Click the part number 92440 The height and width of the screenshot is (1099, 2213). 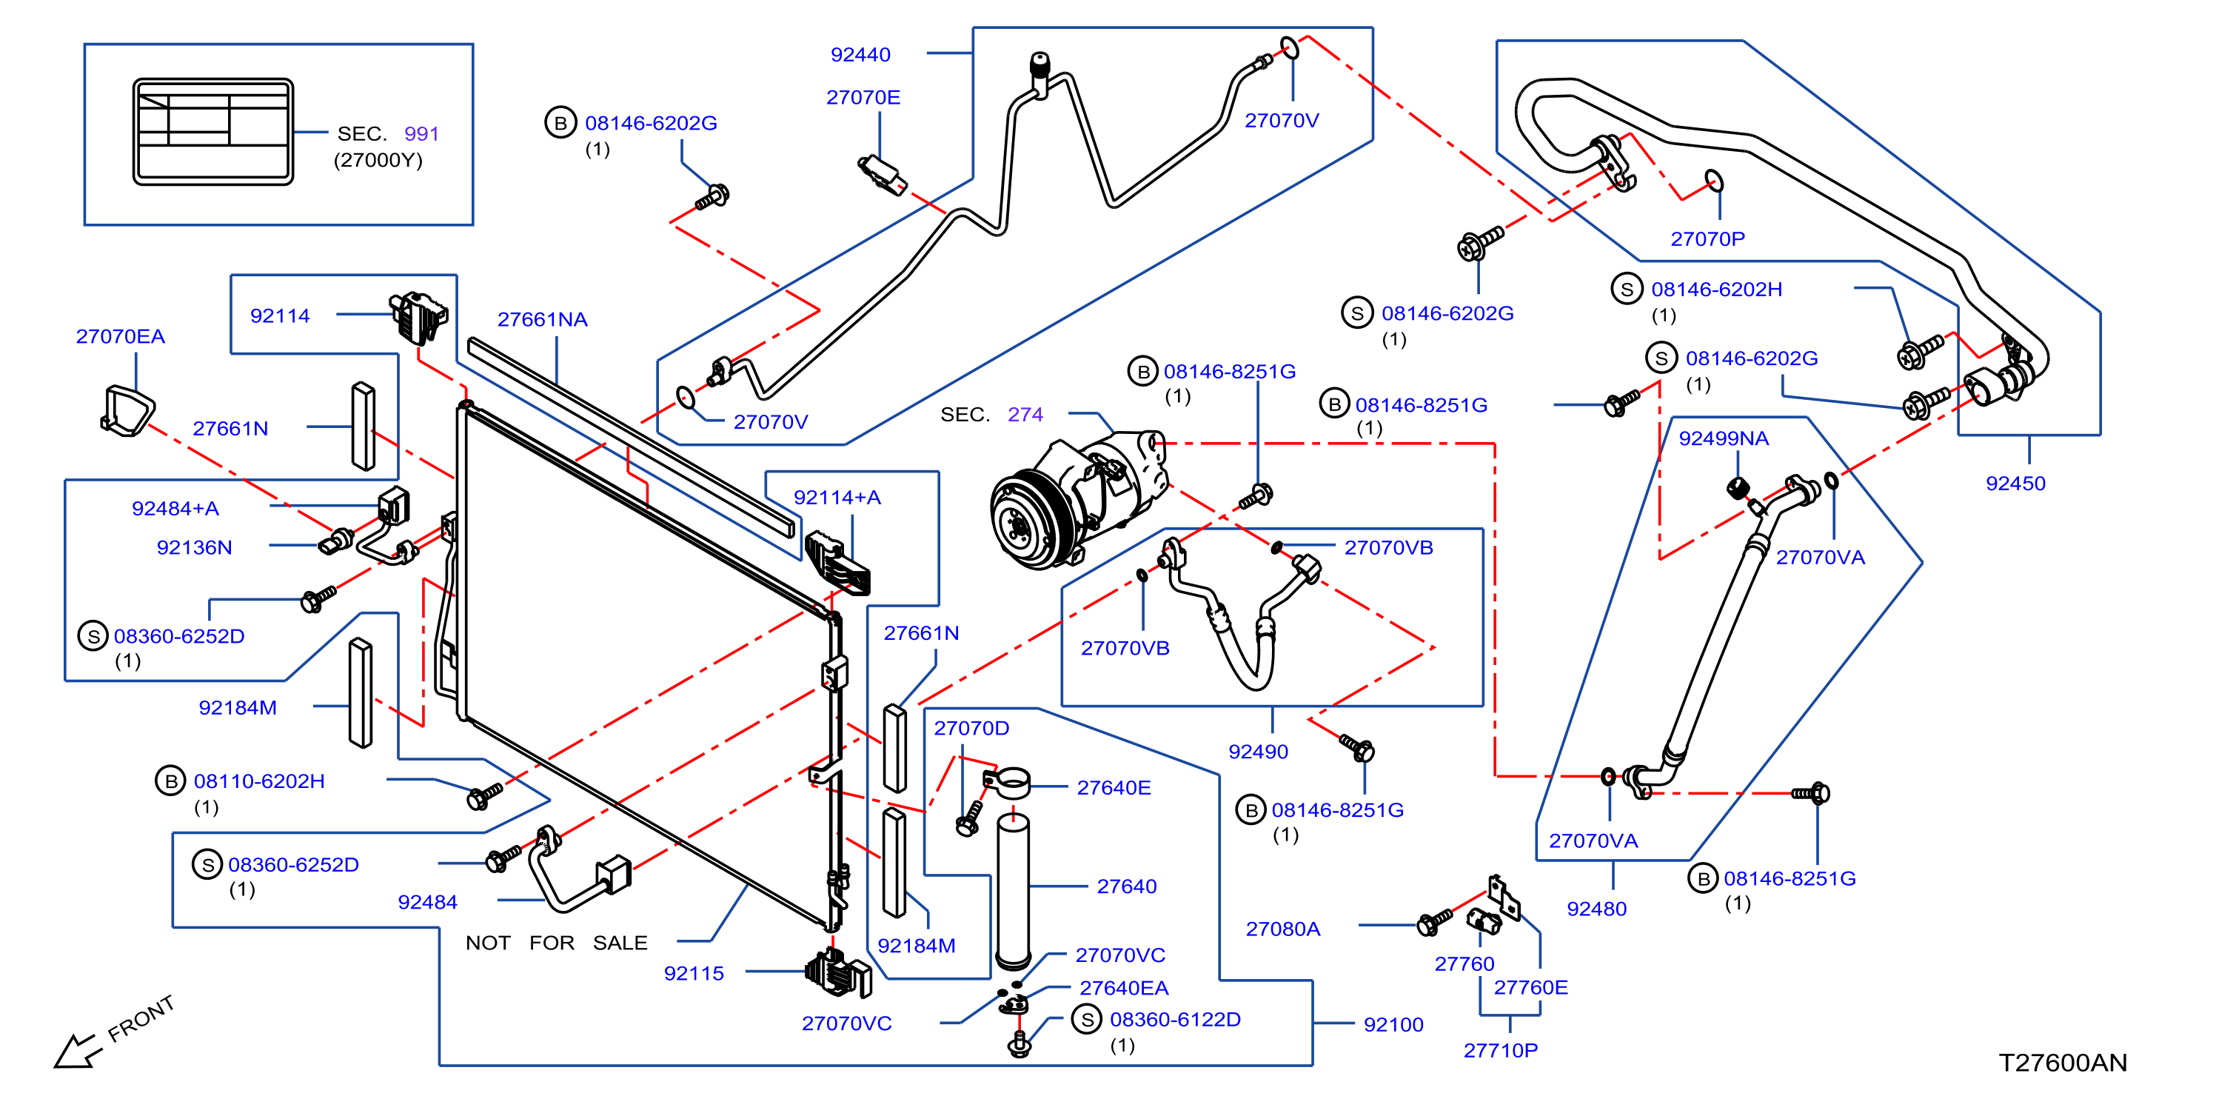[860, 54]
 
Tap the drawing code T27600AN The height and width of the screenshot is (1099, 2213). [2063, 1063]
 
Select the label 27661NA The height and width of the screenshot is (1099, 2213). [542, 320]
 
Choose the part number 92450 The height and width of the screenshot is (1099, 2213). [2015, 483]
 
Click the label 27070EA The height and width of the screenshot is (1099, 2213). [120, 336]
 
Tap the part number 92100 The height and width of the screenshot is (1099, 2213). [1393, 1024]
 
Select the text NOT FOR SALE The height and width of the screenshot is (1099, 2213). [557, 943]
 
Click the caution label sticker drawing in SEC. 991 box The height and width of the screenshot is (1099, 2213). [213, 132]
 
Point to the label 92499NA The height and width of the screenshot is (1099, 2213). [1724, 438]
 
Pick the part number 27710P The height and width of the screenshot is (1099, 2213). [1501, 1050]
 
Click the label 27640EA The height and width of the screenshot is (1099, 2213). [1124, 988]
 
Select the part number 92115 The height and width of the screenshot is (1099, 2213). [694, 974]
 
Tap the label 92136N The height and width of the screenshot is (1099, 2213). [194, 547]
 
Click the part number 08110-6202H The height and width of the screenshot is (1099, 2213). [259, 781]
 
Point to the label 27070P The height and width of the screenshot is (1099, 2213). [1708, 239]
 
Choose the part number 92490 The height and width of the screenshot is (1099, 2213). [1259, 752]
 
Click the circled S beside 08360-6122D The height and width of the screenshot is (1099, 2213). [1087, 1020]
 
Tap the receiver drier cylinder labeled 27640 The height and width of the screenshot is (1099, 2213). [1013, 893]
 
